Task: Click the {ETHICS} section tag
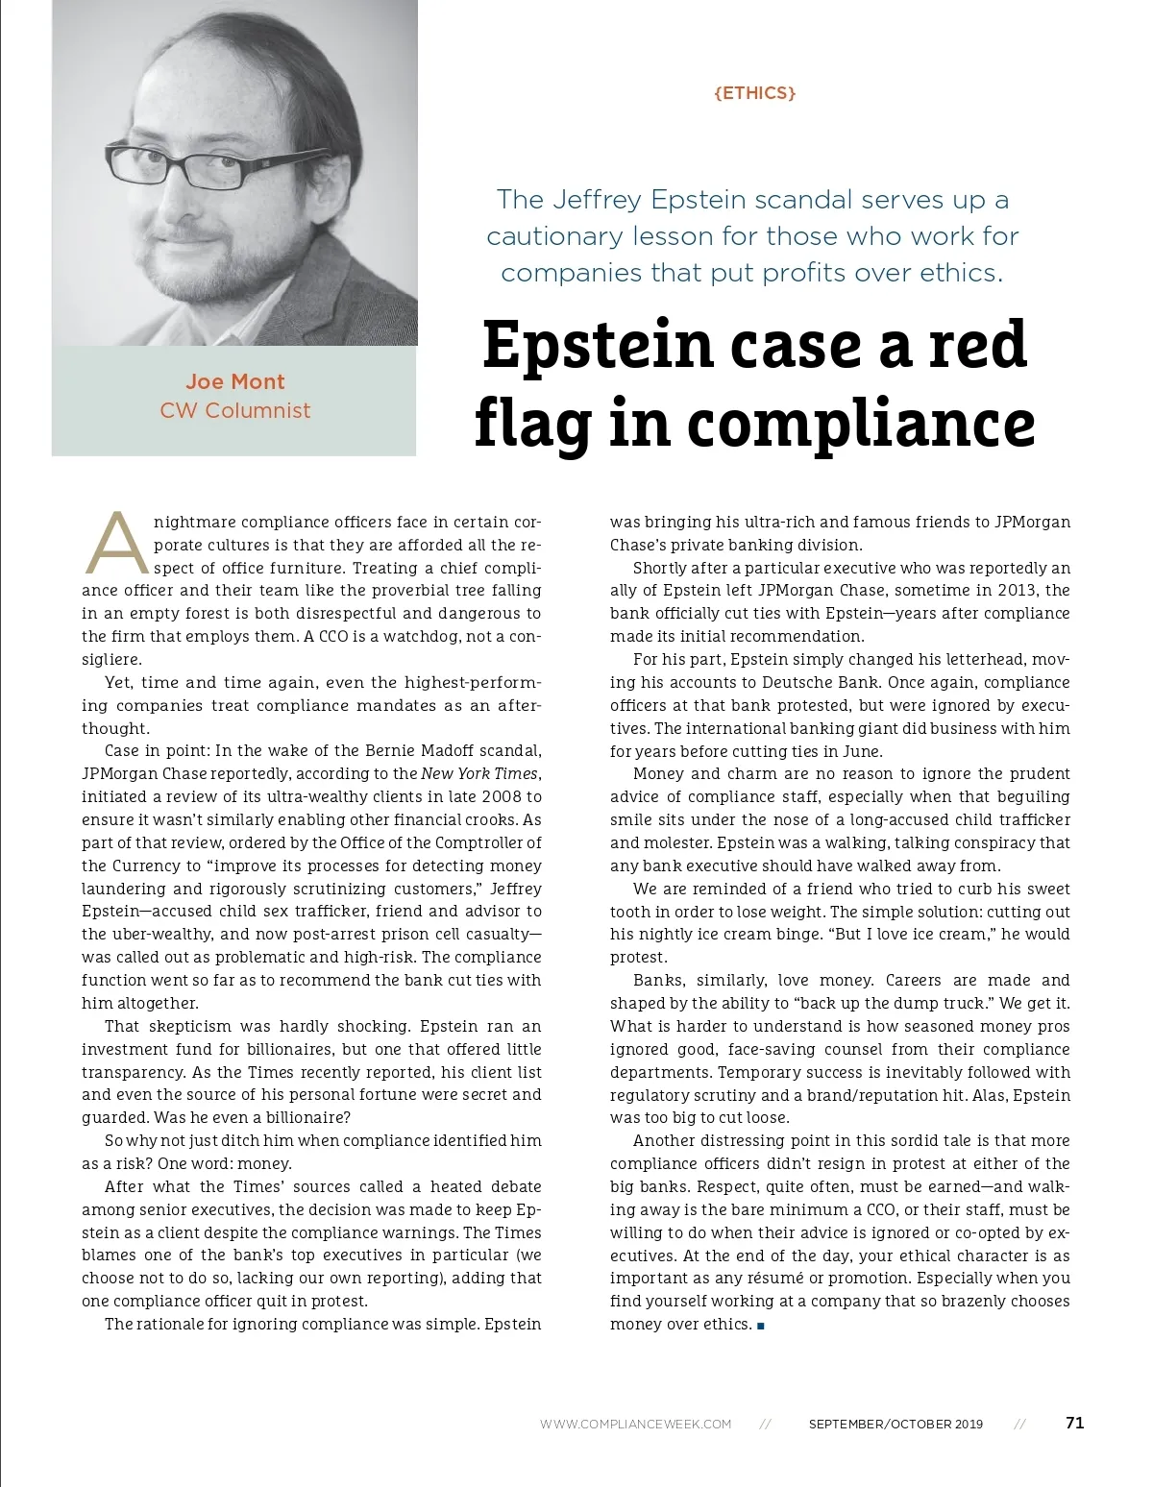755,93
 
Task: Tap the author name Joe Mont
235,381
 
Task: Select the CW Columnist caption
235,410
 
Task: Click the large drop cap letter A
116,543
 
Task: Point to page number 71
1075,1423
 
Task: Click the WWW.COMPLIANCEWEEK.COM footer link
635,1424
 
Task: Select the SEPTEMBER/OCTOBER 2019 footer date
895,1424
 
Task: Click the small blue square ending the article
761,1326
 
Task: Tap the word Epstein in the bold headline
599,345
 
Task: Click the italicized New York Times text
479,773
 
